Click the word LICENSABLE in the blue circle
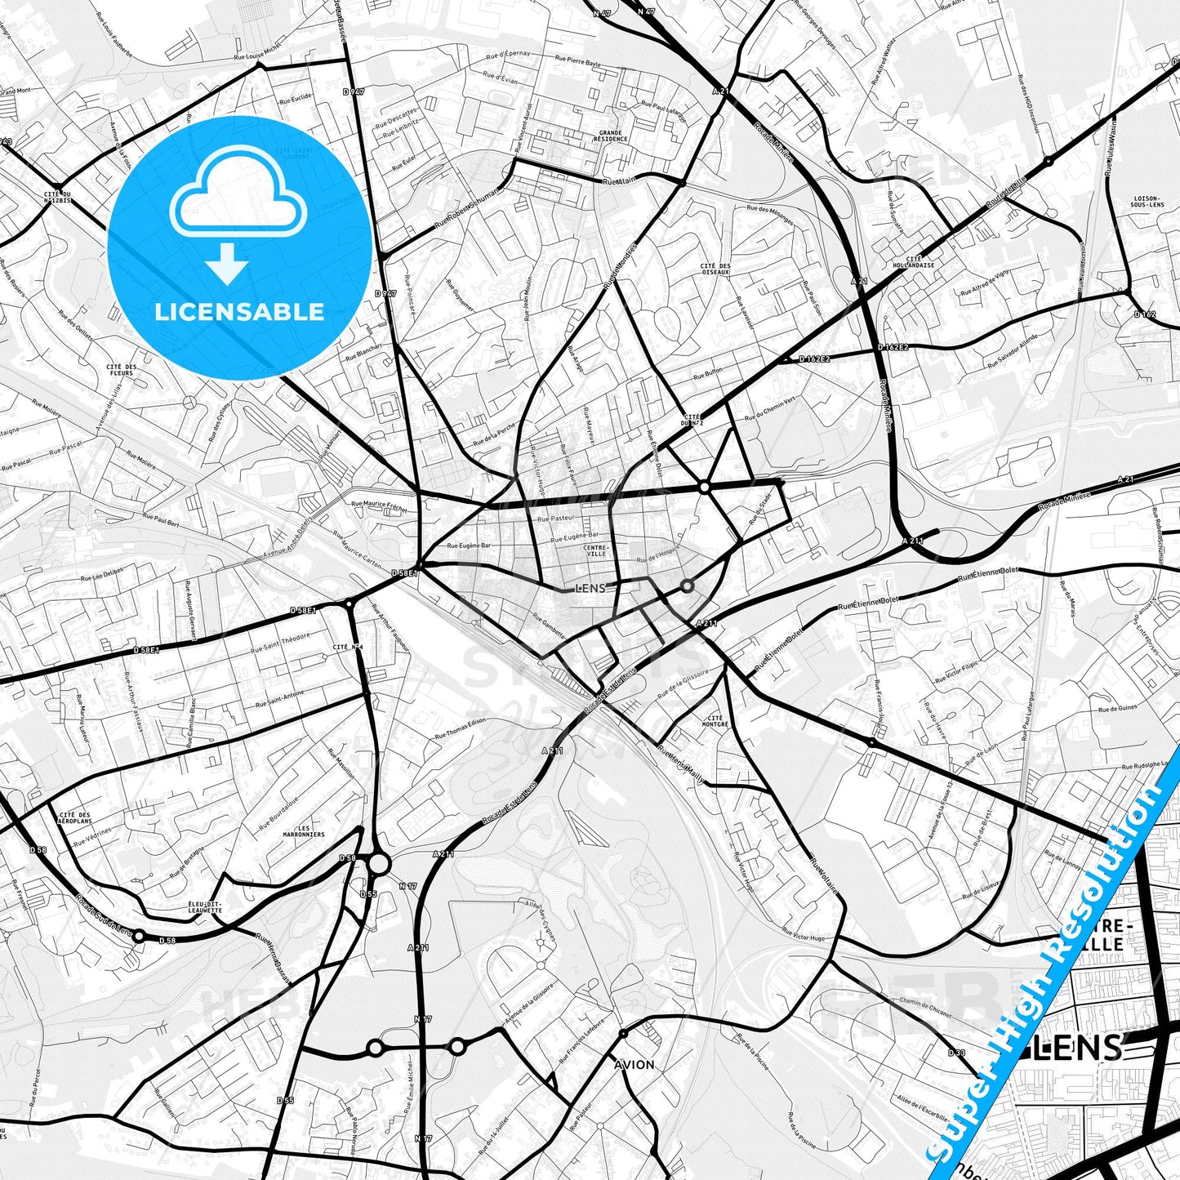point(239,312)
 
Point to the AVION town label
point(635,1065)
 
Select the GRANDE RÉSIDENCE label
point(610,136)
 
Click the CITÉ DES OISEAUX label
point(715,269)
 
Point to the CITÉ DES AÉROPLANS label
point(75,817)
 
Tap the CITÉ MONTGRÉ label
point(715,720)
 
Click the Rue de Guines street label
point(1118,709)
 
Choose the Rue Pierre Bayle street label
point(577,60)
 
